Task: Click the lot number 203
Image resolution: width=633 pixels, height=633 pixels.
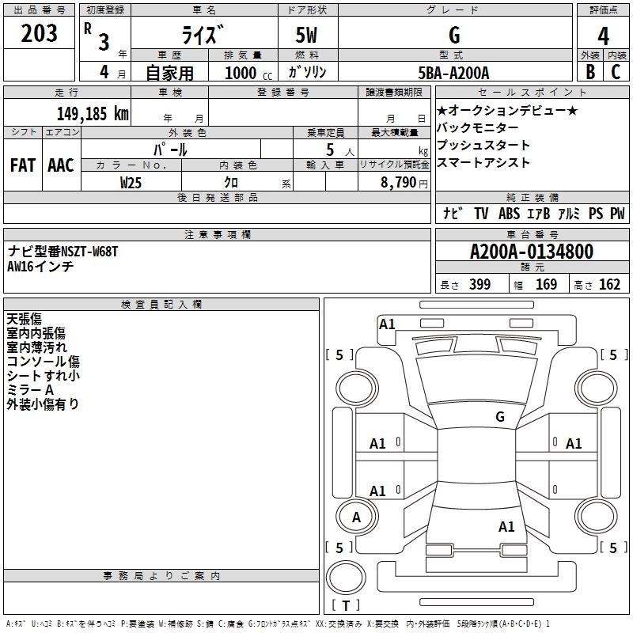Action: point(39,33)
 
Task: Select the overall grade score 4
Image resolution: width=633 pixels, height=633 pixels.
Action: point(603,36)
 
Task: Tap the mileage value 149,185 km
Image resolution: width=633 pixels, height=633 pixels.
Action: point(93,113)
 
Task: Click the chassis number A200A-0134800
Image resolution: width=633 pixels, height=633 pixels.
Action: point(532,251)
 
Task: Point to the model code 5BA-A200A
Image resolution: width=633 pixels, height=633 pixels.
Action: point(453,73)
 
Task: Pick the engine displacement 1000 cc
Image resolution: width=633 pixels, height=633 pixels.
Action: point(248,73)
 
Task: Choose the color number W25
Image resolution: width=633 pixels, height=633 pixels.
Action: point(131,183)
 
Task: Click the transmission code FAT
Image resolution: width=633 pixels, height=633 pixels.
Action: point(23,165)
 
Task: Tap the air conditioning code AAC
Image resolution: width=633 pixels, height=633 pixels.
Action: point(61,165)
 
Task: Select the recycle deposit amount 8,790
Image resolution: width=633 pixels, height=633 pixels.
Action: point(399,183)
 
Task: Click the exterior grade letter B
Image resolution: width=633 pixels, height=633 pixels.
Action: point(590,72)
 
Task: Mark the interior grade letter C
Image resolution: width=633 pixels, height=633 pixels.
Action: point(616,72)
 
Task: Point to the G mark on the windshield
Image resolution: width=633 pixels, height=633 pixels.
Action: point(500,417)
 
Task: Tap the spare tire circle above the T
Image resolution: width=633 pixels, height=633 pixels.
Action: point(346,578)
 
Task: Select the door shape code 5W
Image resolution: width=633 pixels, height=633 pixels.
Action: point(306,35)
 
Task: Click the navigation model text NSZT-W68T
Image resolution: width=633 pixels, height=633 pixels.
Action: point(90,252)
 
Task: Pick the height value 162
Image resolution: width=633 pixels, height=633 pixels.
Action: point(609,285)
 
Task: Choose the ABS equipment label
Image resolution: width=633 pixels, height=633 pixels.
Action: point(509,214)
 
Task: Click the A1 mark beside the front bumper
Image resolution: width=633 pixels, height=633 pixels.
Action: point(387,324)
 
